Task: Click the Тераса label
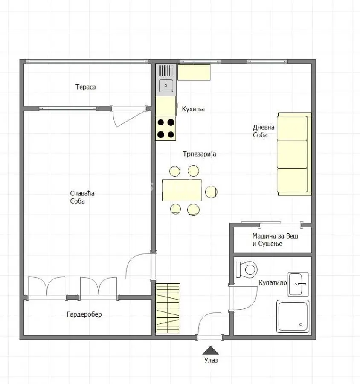85,87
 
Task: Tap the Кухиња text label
193,109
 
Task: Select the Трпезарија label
199,154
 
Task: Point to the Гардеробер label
84,314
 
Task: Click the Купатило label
273,282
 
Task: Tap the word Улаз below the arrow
211,360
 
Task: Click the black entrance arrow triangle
210,350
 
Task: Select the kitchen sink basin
166,86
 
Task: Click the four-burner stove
166,128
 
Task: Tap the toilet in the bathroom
247,270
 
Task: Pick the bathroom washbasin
298,284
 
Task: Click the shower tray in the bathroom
293,317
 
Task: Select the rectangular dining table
182,190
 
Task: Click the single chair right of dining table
211,192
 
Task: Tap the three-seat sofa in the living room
294,154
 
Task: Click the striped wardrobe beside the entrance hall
168,308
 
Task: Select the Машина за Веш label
275,236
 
